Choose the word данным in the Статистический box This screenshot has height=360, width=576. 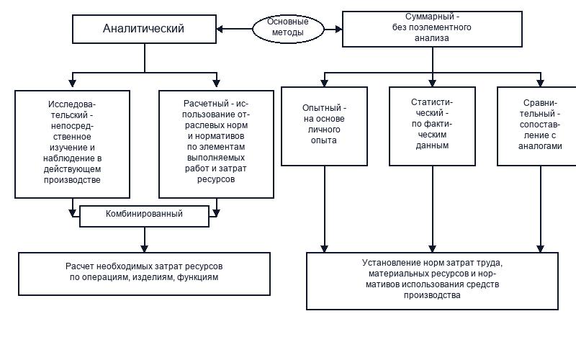coord(432,145)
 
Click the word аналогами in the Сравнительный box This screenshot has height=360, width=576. coord(540,146)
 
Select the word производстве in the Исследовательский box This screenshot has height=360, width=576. coord(72,180)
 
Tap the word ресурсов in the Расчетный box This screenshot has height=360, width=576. coord(216,179)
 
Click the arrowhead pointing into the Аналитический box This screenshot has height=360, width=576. coord(220,29)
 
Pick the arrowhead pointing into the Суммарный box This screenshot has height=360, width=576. coord(338,29)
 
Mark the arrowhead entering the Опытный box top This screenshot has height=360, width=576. coord(324,83)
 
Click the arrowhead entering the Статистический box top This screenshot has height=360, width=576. coord(433,83)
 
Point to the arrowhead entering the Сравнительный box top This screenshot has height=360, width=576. coord(541,83)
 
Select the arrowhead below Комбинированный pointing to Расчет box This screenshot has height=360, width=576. coord(145,248)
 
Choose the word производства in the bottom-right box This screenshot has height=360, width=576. coord(432,295)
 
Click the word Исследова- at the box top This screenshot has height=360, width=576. coord(72,104)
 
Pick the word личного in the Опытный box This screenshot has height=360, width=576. coord(324,130)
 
